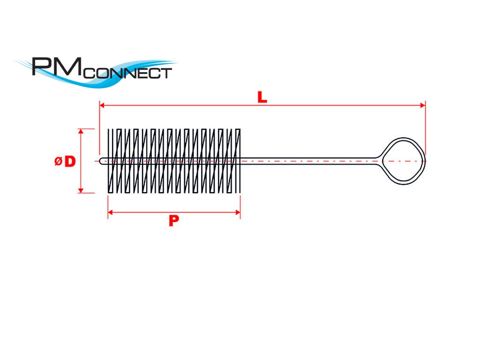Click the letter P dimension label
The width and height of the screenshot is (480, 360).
point(174,221)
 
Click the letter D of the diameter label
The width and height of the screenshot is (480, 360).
point(69,162)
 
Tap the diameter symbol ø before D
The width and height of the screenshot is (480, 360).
point(58,162)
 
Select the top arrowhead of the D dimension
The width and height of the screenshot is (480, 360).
point(81,132)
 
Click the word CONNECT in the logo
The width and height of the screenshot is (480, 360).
point(129,74)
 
